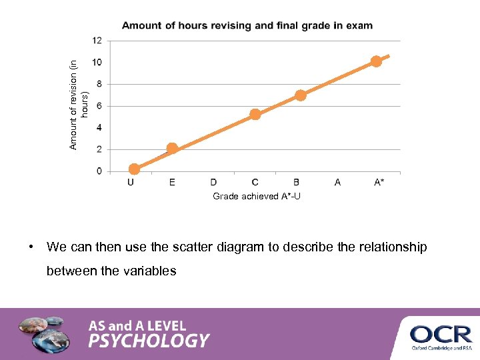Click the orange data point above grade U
click(x=134, y=169)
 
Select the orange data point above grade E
click(x=172, y=149)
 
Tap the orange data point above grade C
click(x=255, y=115)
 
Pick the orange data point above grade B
click(x=301, y=95)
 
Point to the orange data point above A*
click(x=376, y=61)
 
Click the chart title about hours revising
click(x=247, y=26)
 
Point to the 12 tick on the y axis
click(x=97, y=41)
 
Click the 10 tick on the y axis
click(x=97, y=63)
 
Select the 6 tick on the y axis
click(x=99, y=106)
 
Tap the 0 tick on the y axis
click(x=99, y=171)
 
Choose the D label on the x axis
click(x=213, y=182)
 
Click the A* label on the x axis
click(x=379, y=182)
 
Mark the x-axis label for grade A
click(x=337, y=182)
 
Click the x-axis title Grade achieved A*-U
click(x=257, y=197)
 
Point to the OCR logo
click(x=441, y=335)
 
